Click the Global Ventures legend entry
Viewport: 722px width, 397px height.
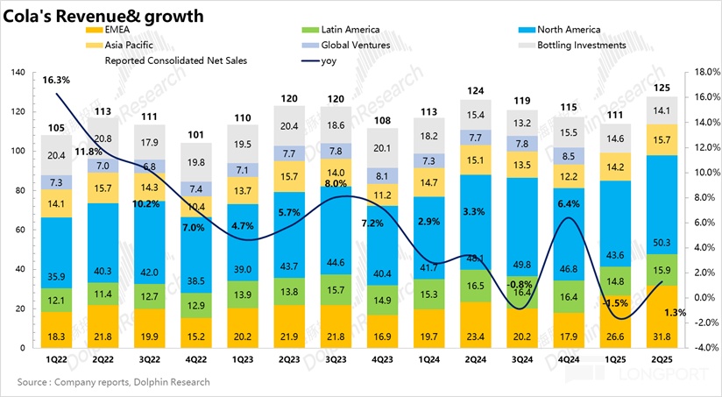pyautogui.click(x=353, y=45)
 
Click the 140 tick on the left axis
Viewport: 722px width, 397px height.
pyautogui.click(x=17, y=72)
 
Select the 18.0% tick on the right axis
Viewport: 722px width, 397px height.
pyautogui.click(x=705, y=72)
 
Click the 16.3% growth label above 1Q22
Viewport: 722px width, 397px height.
pyautogui.click(x=55, y=80)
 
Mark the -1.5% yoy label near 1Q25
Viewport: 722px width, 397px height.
pyautogui.click(x=616, y=302)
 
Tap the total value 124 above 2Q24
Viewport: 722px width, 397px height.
pyautogui.click(x=478, y=90)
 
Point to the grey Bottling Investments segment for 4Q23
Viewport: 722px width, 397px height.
pyautogui.click(x=386, y=148)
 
